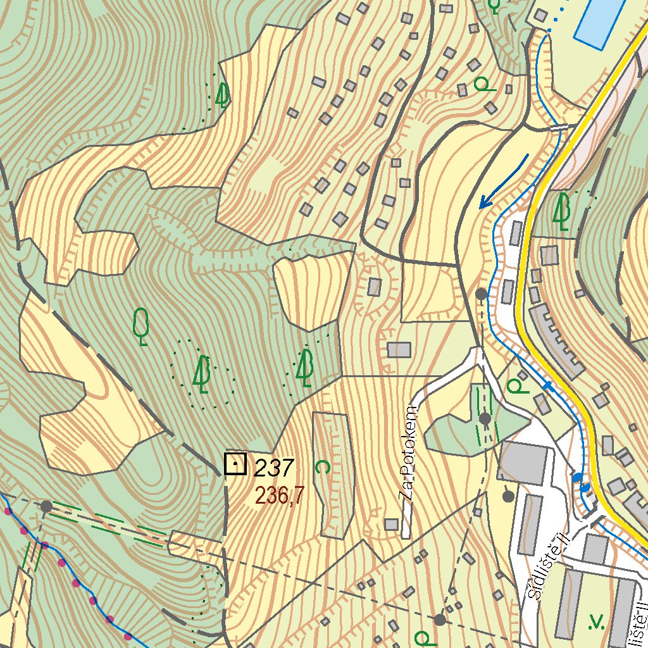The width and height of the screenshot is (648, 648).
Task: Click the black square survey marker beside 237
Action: (x=235, y=464)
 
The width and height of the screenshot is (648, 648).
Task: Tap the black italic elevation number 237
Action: (x=273, y=468)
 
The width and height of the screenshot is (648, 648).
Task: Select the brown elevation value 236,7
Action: (x=275, y=495)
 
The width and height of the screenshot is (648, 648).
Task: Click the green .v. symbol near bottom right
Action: (x=596, y=623)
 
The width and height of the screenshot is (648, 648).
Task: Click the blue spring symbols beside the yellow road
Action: (x=581, y=482)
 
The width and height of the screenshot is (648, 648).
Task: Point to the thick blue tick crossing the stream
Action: (x=547, y=385)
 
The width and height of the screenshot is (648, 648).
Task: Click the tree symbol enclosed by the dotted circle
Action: (x=202, y=374)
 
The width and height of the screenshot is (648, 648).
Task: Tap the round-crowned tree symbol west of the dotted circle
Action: (x=142, y=326)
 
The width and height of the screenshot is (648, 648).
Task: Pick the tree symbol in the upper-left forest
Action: (x=221, y=95)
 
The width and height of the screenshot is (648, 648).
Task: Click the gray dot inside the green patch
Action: (x=485, y=418)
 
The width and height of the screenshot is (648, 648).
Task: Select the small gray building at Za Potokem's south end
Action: (x=392, y=524)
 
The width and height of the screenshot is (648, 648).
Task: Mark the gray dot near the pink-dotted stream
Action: (x=46, y=506)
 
